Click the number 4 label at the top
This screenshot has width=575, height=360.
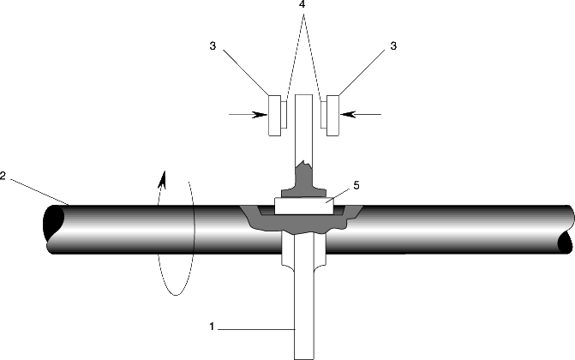coord(303,5)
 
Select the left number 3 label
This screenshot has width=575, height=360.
coord(213,46)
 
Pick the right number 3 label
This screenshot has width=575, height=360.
coord(393,46)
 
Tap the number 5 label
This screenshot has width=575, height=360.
coord(356,185)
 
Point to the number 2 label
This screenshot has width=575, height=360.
coord(3,176)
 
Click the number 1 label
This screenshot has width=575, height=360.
coord(212,327)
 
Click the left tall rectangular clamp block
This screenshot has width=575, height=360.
coord(275,115)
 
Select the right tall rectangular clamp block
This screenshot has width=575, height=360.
coord(332,115)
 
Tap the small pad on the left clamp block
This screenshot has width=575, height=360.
coord(284,115)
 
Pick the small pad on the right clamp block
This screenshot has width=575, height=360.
coord(323,115)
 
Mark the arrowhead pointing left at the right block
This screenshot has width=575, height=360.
coord(348,115)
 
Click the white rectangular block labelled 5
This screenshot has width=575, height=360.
coord(304,207)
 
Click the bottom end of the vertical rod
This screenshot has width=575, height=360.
coord(304,358)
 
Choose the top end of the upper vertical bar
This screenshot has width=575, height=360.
coord(303,95)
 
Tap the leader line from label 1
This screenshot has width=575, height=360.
coord(257,329)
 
